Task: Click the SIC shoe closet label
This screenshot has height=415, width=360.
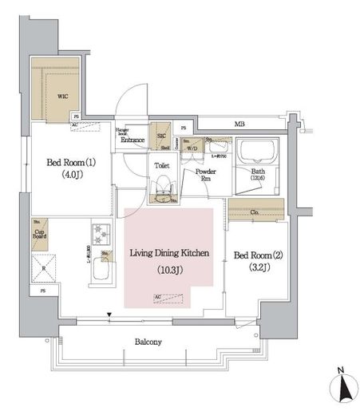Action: click(x=160, y=126)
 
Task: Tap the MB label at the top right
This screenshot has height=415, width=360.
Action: click(x=239, y=124)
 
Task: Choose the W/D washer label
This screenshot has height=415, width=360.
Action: click(x=192, y=147)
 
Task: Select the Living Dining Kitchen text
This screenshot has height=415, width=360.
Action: click(x=169, y=253)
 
